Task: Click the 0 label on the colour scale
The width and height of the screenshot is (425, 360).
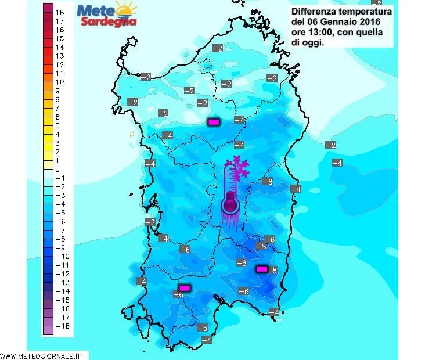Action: click(x=57, y=169)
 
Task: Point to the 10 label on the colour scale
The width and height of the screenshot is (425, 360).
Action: click(x=59, y=82)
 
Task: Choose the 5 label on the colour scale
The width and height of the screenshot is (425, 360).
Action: click(x=57, y=125)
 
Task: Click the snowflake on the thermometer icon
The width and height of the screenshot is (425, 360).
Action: click(x=240, y=166)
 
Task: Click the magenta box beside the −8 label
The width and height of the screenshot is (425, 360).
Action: click(x=262, y=269)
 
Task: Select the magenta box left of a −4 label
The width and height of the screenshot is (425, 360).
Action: click(x=214, y=122)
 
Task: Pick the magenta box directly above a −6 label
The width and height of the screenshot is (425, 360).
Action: click(x=185, y=287)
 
